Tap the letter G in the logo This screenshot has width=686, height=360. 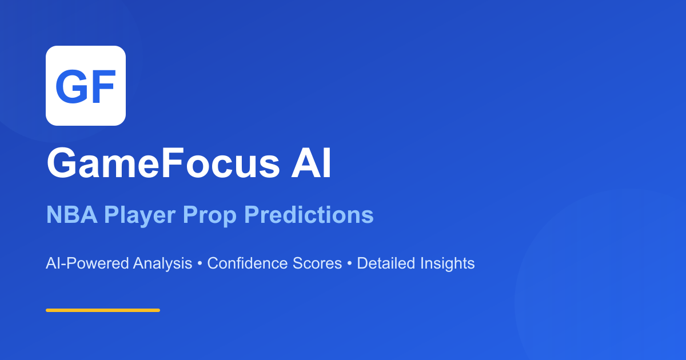click(x=71, y=86)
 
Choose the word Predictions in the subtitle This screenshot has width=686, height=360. click(x=309, y=215)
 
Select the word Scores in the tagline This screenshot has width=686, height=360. click(x=314, y=263)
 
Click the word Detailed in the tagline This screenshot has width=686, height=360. click(x=386, y=263)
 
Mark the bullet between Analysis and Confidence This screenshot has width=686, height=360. click(x=200, y=264)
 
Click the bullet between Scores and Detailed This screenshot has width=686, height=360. click(x=349, y=264)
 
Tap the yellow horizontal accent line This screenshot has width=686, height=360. click(x=103, y=310)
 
